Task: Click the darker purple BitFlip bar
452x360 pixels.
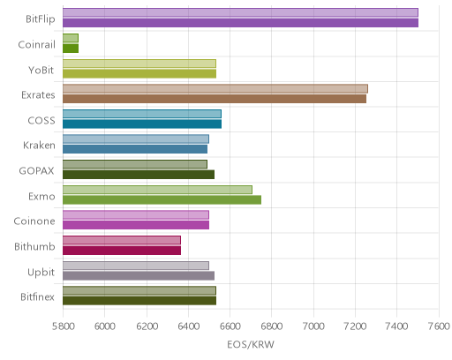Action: click(240, 23)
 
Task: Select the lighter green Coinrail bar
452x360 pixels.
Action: click(71, 38)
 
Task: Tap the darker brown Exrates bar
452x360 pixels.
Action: click(215, 99)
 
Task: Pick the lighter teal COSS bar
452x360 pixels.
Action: click(142, 114)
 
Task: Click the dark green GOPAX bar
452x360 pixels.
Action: click(139, 175)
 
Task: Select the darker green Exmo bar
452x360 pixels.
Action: click(162, 200)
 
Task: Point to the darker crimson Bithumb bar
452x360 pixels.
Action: click(122, 251)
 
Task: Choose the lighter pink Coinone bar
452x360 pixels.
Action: click(136, 215)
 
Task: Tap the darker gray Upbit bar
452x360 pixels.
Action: click(139, 276)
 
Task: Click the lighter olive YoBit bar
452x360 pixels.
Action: click(139, 64)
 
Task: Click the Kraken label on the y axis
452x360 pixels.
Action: click(39, 146)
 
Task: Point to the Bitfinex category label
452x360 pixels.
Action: click(37, 297)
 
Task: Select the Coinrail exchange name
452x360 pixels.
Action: click(36, 45)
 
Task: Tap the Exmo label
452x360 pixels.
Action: click(41, 196)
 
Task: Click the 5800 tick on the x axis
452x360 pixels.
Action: click(63, 326)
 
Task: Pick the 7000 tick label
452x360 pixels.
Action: click(313, 326)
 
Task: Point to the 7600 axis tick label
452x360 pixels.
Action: click(439, 326)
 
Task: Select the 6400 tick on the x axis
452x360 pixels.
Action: click(188, 326)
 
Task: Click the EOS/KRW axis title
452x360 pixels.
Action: click(251, 344)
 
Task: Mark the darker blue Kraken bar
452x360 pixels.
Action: click(135, 149)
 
